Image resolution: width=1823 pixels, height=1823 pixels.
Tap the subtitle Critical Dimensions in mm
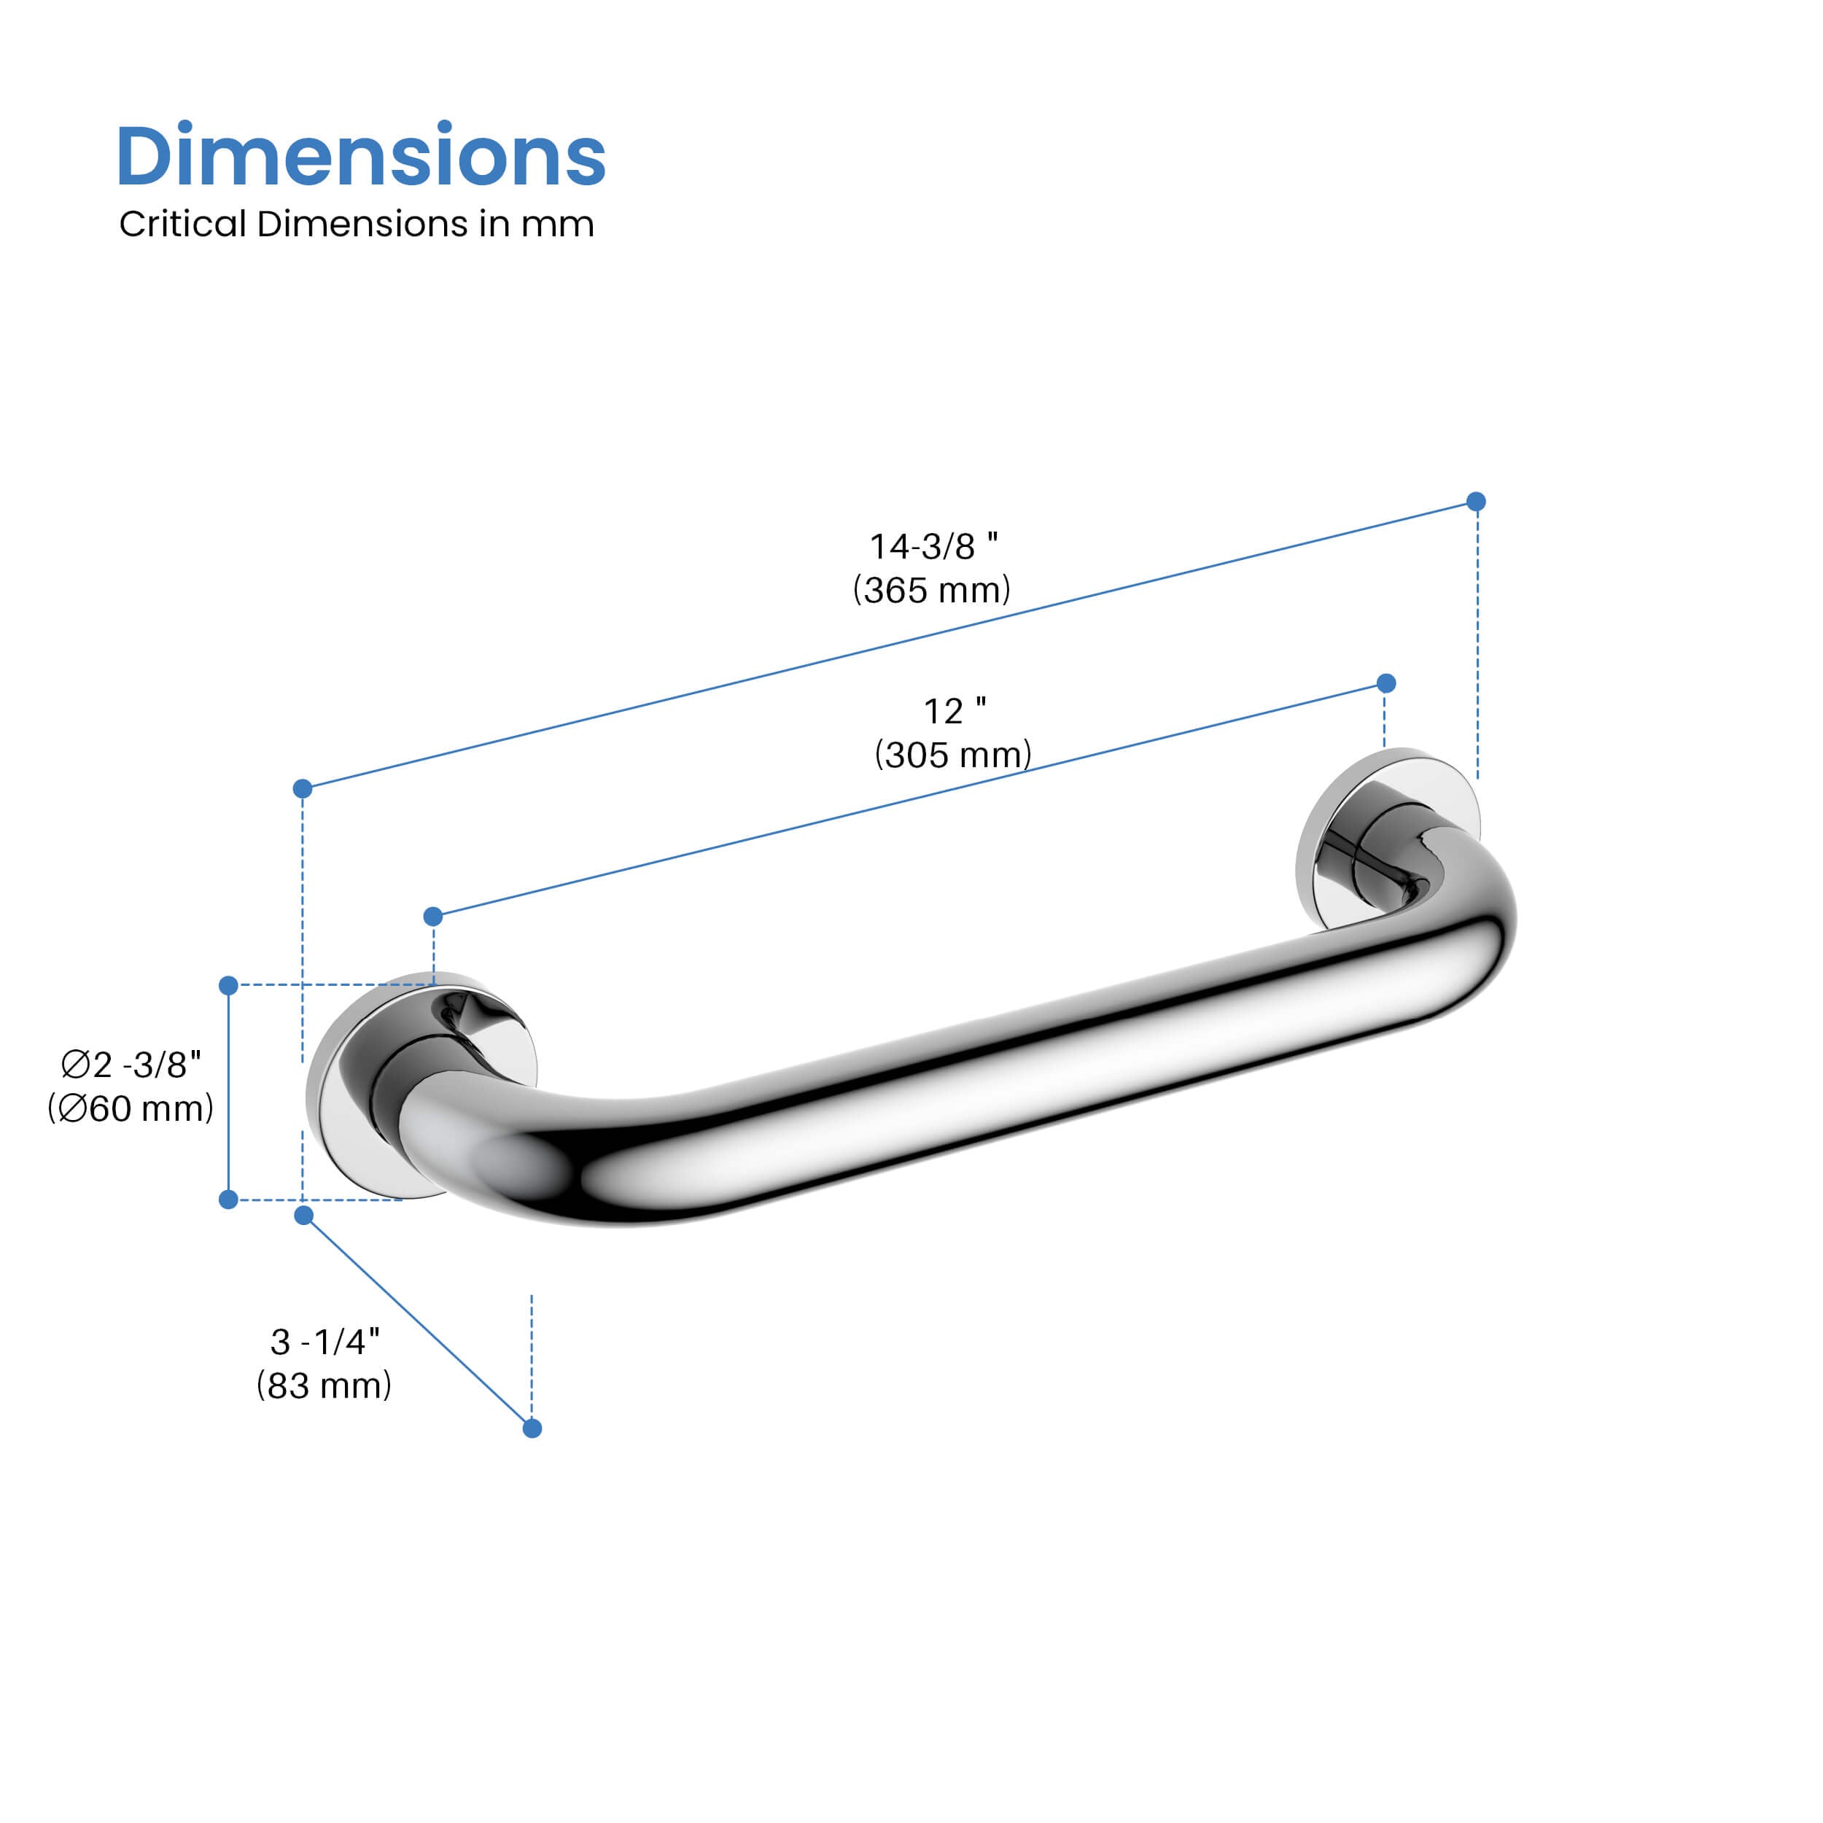(357, 225)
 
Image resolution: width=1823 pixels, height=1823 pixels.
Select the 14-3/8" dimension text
(932, 546)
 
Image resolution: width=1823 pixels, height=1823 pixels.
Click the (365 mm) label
(931, 591)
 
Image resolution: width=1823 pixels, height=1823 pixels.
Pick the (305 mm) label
(953, 755)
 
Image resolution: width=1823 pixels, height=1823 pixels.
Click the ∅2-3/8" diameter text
(131, 1065)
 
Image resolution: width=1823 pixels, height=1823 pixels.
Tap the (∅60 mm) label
(131, 1108)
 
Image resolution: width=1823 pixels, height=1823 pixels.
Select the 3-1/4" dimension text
(324, 1341)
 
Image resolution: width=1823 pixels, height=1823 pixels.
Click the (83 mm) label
(324, 1385)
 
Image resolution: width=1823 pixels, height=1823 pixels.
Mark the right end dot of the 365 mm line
(1477, 501)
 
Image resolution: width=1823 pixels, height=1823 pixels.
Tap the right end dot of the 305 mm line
(1386, 683)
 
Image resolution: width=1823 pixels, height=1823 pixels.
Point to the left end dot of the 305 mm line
(433, 916)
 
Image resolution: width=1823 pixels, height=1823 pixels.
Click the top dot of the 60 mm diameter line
(228, 985)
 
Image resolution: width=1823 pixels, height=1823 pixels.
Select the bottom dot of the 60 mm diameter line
(228, 1200)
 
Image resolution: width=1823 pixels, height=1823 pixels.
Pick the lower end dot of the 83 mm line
(532, 1428)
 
